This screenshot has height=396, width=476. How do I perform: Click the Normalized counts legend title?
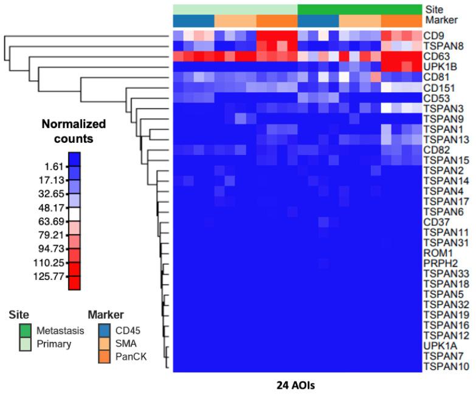click(x=74, y=131)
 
